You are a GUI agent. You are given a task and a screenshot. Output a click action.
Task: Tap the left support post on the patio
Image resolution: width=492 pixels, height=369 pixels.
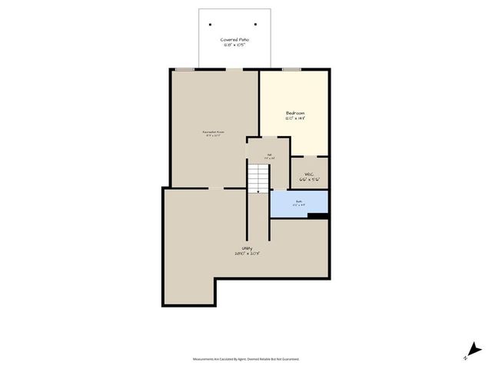[210, 24]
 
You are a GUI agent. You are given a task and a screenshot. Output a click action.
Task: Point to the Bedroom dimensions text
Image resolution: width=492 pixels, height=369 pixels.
[296, 119]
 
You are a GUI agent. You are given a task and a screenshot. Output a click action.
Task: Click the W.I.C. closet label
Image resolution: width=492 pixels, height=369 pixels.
[308, 174]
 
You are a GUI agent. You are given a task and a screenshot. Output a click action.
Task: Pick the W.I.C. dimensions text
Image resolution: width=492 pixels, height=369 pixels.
[308, 180]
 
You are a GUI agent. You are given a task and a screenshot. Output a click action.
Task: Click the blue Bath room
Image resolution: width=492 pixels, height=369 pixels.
[298, 203]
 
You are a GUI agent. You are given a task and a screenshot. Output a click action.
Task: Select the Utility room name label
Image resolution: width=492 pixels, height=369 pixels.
[247, 248]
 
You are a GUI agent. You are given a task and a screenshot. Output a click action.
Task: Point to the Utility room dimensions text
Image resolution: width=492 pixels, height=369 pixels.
[247, 254]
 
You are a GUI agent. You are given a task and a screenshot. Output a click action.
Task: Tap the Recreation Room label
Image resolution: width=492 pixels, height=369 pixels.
[213, 131]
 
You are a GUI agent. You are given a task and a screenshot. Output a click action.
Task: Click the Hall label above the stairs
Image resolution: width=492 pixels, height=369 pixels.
[269, 155]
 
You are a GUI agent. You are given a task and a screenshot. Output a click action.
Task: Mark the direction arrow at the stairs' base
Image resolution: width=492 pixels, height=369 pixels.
[258, 191]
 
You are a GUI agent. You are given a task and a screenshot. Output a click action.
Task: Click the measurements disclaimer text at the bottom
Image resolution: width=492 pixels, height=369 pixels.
[245, 358]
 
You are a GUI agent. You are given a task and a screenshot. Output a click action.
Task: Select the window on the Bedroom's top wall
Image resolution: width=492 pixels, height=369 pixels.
[291, 70]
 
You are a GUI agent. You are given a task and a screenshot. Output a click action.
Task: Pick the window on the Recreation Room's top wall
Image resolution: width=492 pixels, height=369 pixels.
[184, 70]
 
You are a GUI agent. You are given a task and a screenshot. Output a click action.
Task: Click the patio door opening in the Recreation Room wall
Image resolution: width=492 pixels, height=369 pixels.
[234, 70]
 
